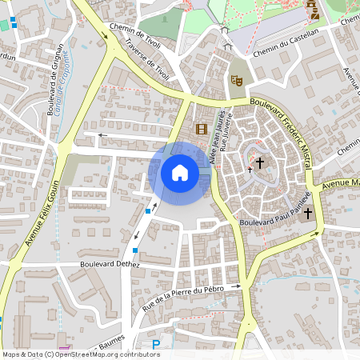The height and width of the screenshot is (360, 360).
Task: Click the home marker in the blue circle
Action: coord(180,172)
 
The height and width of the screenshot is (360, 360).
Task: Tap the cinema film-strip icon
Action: coord(201,129)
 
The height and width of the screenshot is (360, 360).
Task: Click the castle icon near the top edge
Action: coord(313,11)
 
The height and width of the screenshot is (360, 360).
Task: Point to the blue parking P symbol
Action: coord(157,345)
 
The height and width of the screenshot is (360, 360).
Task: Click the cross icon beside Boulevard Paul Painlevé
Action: coord(308,214)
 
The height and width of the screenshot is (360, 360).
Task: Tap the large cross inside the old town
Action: coord(260,162)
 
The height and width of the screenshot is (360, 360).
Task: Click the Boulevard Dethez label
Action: coord(110,263)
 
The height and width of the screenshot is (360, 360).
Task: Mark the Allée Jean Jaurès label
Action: coord(214,139)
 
